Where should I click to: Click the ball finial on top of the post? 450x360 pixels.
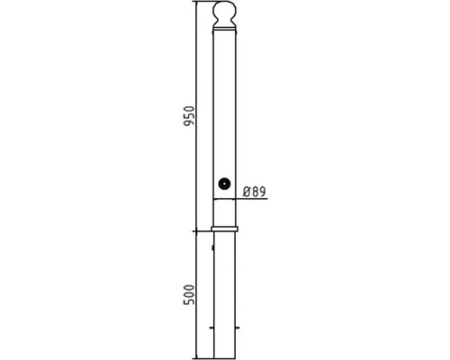point(224,10)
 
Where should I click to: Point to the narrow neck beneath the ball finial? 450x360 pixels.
point(224,22)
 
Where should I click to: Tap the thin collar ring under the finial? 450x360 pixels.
point(225,30)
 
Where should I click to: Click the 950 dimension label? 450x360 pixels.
point(189,116)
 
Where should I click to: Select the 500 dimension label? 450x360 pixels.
point(189,294)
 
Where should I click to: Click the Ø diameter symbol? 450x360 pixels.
point(247,192)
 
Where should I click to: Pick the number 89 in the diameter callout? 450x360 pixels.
point(259,192)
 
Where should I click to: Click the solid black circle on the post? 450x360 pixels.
point(224,184)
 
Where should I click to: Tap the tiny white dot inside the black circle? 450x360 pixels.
point(224,184)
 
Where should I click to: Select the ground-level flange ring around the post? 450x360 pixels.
point(224,229)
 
